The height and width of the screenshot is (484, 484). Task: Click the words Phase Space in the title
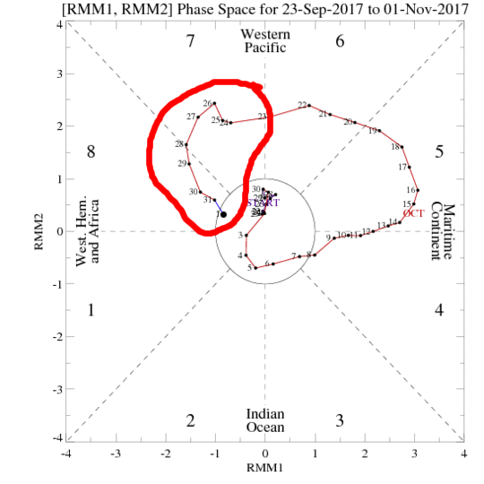pos(185,9)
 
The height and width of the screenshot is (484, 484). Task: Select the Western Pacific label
pos(264,40)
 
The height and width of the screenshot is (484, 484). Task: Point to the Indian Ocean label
pos(265,420)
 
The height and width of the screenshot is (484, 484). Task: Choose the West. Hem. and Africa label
pos(87,231)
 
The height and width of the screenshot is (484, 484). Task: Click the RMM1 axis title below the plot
pos(264,467)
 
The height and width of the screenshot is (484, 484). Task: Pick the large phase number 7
pos(190,41)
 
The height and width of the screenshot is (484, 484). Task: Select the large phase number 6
pos(340,41)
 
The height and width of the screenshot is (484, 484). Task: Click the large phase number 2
pos(190,421)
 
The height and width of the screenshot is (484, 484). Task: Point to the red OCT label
pos(414,213)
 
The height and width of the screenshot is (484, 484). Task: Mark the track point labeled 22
pos(309,105)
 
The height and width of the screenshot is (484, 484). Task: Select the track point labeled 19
pos(380,132)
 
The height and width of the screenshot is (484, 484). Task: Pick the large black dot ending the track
pos(223,214)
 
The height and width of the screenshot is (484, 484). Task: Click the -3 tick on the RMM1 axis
pos(116,454)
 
